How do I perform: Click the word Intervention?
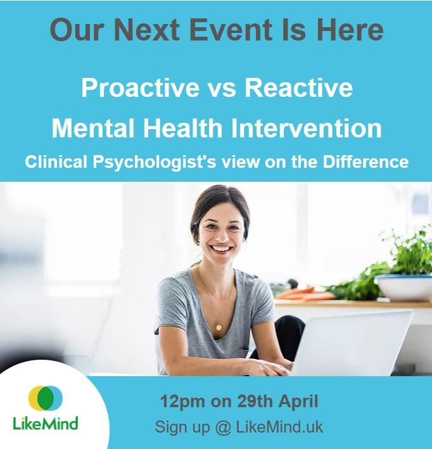[305, 128]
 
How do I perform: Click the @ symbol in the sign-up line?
[222, 427]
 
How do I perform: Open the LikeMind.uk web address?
[279, 427]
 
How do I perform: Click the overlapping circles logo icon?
[45, 398]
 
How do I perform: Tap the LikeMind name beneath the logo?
[45, 422]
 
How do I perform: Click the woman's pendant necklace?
[219, 327]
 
